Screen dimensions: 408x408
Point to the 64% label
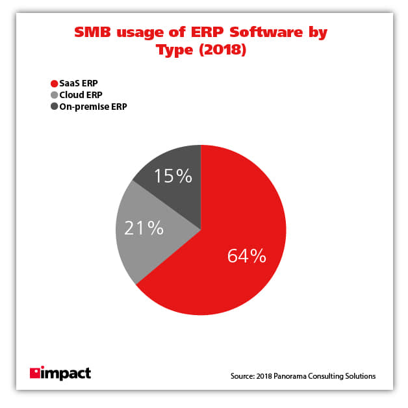[246, 256]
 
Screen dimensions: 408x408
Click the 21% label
[144, 227]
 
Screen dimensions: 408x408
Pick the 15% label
[173, 176]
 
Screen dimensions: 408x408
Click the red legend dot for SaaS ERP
[54, 83]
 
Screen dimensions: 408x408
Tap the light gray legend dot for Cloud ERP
[54, 95]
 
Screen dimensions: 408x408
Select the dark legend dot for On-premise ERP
[54, 107]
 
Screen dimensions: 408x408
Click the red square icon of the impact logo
[35, 374]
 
